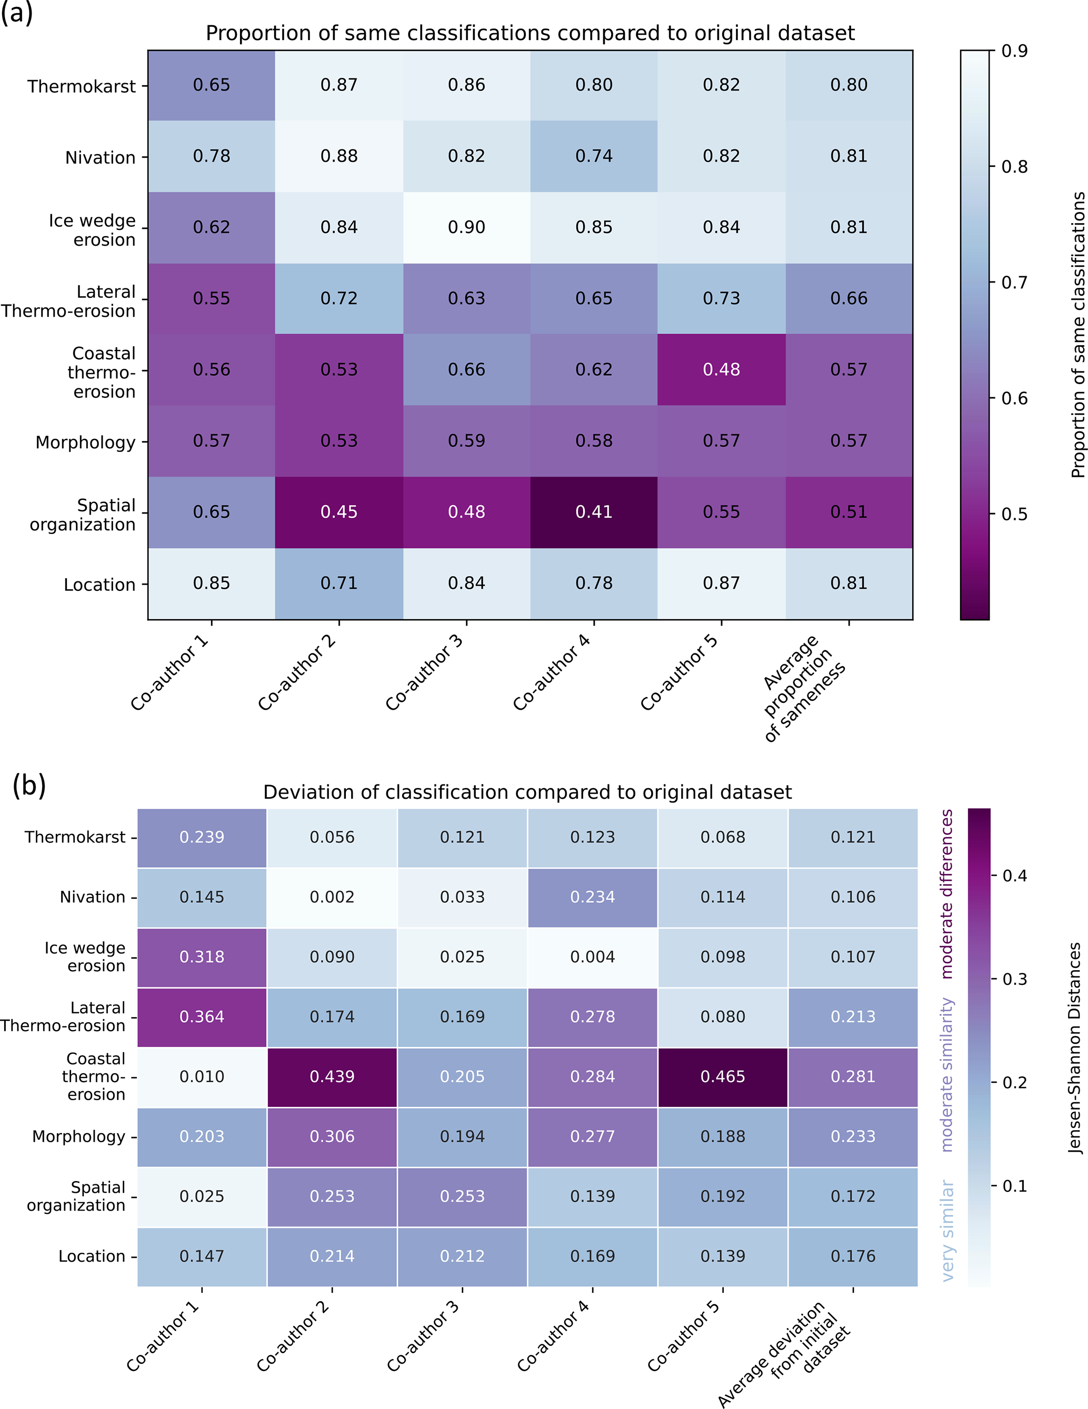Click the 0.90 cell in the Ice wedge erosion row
coord(466,227)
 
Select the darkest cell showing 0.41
coord(594,511)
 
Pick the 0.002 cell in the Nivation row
coord(332,897)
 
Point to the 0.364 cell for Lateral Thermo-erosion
coord(202,1016)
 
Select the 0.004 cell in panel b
coord(592,957)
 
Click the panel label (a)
coord(17,13)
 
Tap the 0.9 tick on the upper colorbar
coord(1014,51)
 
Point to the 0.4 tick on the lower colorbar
coord(1014,875)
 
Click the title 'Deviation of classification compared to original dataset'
coord(527,792)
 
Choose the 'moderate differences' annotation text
coord(947,893)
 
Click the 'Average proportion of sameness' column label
coord(803,687)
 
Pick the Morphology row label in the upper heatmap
coord(85,442)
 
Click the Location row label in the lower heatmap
coord(92,1256)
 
